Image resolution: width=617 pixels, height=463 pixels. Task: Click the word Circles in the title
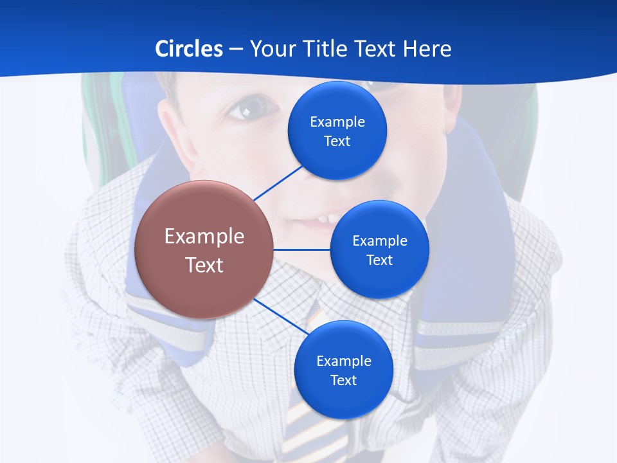(188, 49)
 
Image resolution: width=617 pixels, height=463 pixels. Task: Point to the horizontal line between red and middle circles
(301, 250)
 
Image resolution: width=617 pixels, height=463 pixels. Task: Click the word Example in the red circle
(204, 236)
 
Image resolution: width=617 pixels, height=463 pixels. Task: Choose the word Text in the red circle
(204, 265)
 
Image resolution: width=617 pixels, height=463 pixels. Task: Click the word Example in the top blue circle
(337, 122)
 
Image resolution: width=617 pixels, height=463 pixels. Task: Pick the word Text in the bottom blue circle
(343, 380)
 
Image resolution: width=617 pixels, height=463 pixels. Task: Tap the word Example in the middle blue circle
(380, 241)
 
